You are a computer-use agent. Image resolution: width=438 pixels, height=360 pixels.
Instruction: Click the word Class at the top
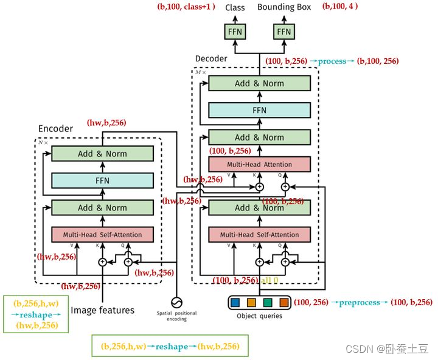coord(235,7)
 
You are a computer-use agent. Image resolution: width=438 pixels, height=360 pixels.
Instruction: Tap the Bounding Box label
coord(284,7)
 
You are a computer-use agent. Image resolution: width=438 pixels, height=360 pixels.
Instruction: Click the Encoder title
coord(55,128)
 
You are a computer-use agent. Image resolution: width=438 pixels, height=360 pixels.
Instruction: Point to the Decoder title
coord(211,58)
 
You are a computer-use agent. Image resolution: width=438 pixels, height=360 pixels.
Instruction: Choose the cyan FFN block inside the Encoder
coord(102,181)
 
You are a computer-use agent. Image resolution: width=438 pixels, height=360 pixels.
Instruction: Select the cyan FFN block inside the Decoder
coord(259,110)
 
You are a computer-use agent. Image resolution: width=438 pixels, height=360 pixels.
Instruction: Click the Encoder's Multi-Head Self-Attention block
coord(102,234)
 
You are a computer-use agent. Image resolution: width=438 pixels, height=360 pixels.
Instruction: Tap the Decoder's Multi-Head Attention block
coord(259,164)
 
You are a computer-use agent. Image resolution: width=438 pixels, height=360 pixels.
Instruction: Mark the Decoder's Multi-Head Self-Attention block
coord(259,234)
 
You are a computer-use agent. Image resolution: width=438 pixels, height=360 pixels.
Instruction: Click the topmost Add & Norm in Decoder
coord(259,83)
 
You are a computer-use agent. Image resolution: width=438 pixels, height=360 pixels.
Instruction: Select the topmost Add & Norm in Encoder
coord(102,154)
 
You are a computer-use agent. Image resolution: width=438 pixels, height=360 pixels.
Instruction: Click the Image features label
coord(103,310)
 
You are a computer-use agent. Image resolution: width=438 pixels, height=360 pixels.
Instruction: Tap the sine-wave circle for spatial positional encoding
coord(177,302)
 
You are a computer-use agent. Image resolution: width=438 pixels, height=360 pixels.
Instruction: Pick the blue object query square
coord(236,302)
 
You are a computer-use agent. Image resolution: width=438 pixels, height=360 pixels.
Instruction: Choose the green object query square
coord(268,302)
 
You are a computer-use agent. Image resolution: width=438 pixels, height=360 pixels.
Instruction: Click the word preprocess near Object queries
coord(359,302)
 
